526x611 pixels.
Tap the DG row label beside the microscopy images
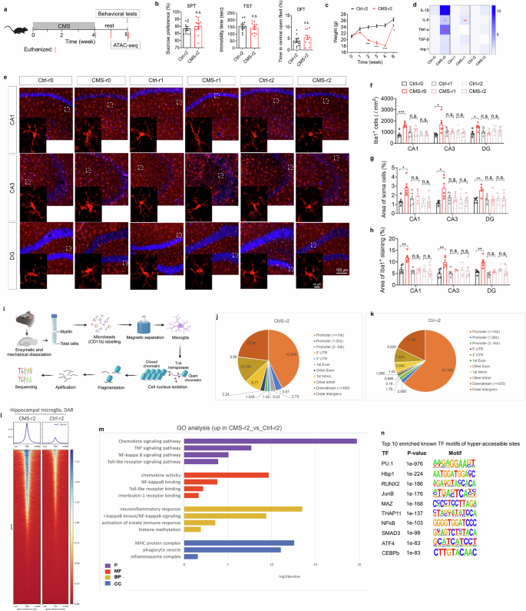click(x=12, y=244)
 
